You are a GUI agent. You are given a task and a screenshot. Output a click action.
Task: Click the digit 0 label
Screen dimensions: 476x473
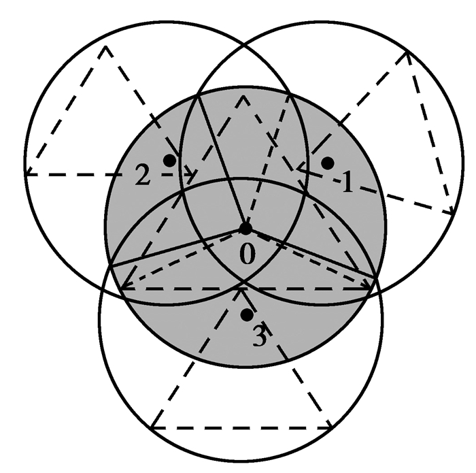click(x=248, y=255)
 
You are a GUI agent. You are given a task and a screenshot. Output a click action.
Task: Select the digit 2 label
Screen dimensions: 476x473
click(x=142, y=175)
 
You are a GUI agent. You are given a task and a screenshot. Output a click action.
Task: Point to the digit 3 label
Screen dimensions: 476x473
click(x=260, y=336)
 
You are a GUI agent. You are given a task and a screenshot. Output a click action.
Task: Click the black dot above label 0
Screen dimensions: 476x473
click(x=245, y=229)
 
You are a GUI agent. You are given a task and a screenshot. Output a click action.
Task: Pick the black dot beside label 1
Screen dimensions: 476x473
click(x=328, y=163)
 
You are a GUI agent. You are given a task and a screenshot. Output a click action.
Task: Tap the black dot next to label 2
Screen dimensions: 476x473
click(x=170, y=161)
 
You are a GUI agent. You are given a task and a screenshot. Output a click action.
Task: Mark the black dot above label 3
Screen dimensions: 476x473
click(x=247, y=315)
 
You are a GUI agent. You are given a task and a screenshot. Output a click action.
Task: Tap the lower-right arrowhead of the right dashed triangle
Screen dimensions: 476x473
click(x=452, y=212)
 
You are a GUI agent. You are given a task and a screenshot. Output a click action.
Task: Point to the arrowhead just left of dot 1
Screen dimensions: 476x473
click(x=300, y=167)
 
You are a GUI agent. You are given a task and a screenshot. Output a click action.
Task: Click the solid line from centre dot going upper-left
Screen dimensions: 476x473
click(x=221, y=161)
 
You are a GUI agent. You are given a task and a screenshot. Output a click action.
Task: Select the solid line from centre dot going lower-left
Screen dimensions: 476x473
click(x=178, y=247)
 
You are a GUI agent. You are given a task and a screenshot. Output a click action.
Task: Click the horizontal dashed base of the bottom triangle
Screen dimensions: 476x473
click(x=241, y=428)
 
